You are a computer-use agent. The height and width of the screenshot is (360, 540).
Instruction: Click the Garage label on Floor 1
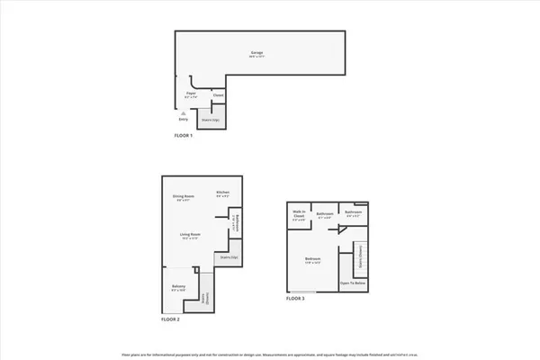point(256,54)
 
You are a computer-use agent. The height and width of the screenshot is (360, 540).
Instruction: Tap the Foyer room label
point(192,94)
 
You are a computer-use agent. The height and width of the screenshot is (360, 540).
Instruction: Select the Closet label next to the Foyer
point(218,95)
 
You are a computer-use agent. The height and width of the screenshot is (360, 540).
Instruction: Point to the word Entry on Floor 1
point(183,118)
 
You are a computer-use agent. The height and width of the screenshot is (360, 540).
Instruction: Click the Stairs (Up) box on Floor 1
point(211,119)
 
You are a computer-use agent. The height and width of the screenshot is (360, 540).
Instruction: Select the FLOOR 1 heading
point(184,135)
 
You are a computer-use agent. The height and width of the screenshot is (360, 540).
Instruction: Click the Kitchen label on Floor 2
point(222,193)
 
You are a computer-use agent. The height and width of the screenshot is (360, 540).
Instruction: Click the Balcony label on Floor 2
point(178,288)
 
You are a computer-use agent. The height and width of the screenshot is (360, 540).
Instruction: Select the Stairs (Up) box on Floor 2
point(229,258)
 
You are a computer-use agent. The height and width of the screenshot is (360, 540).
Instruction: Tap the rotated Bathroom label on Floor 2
point(235,222)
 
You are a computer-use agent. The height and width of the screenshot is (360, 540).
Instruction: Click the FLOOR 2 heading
point(171,319)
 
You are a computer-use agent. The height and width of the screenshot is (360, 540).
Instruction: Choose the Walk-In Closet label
point(298,216)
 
